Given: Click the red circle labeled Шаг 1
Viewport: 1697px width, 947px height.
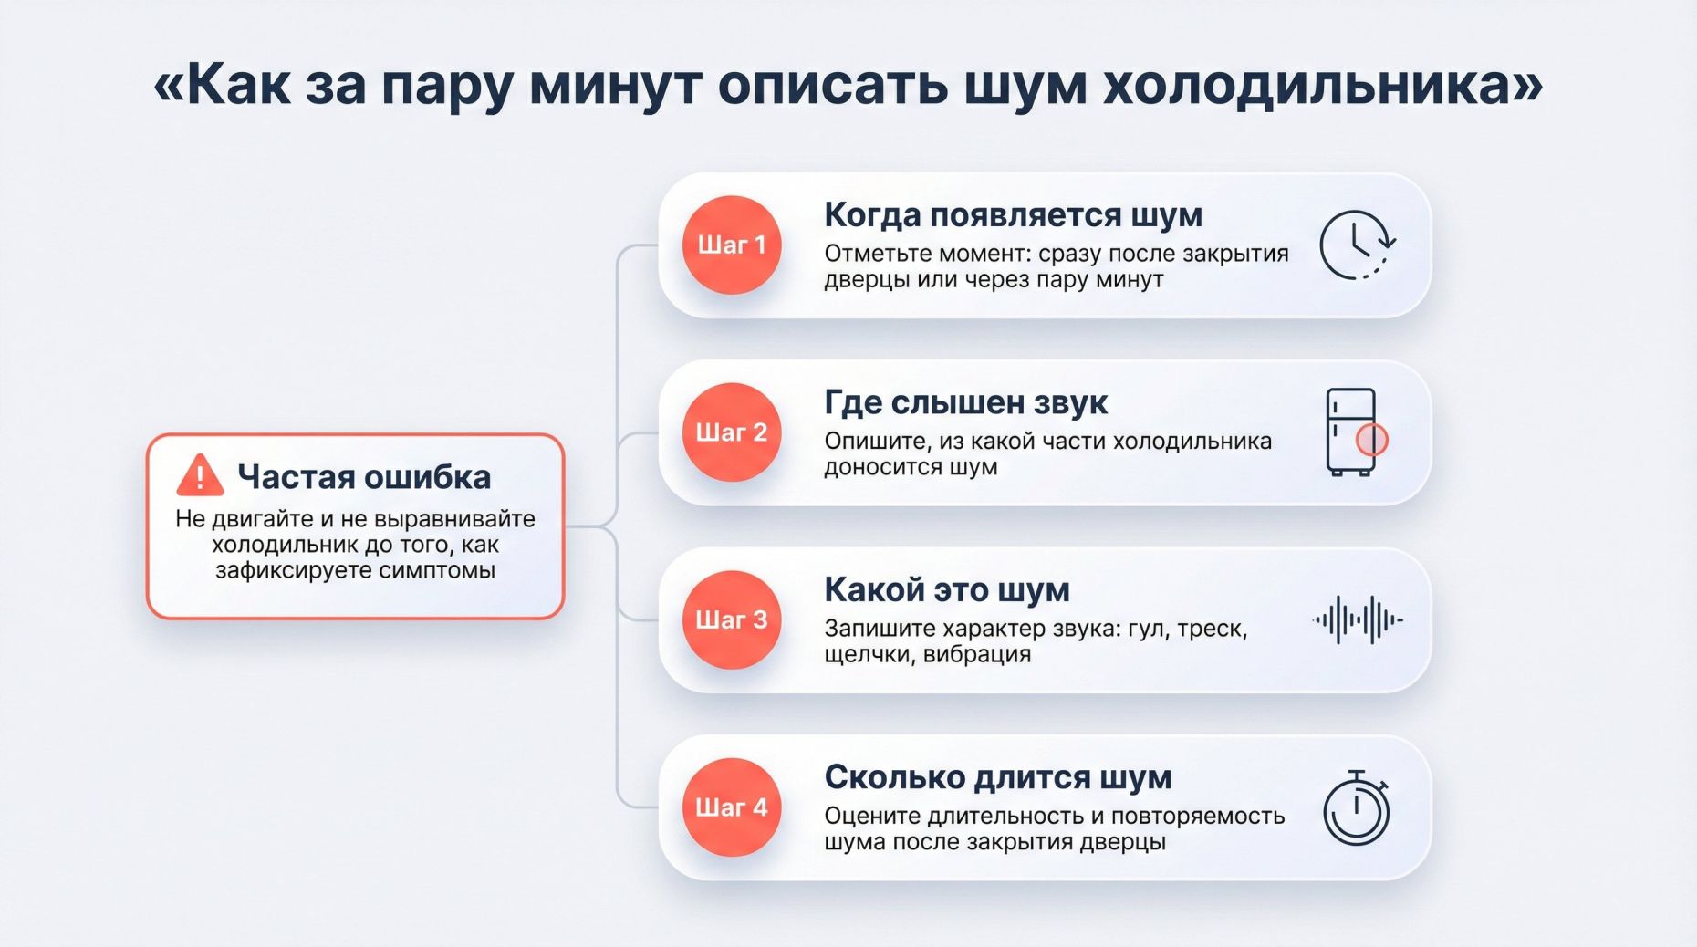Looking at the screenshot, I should coord(732,245).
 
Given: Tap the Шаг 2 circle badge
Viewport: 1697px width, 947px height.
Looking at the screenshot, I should coord(732,432).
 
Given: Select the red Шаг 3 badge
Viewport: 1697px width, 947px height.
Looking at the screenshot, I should coord(732,619).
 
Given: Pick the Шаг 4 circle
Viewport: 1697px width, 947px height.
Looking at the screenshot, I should coord(732,807).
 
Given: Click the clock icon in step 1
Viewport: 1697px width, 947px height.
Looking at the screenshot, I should coord(1357,245).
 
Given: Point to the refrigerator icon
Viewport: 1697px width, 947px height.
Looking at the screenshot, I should coord(1351,432).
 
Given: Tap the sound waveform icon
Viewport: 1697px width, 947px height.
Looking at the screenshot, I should coord(1358,619).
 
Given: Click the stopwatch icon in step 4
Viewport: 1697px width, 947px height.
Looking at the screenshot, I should coord(1357,808).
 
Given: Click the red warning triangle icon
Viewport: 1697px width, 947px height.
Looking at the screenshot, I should coord(200,475).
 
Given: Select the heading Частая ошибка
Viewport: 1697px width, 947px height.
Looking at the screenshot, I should coord(364,477).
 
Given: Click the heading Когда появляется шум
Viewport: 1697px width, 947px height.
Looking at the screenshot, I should coord(1013,215).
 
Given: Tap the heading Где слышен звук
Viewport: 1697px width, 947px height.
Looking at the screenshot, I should coord(965,402).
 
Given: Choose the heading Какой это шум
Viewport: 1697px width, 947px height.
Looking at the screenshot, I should coord(946,590).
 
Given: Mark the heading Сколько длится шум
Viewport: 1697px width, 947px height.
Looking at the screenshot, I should coord(997,777).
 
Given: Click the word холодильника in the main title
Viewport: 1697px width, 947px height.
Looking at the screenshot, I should coord(1322,86).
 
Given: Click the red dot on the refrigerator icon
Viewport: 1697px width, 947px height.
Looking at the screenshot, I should coord(1371,440).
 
